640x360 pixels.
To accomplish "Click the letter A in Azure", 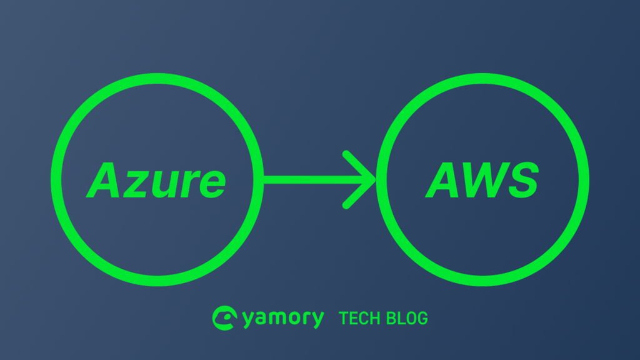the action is pos(102,180).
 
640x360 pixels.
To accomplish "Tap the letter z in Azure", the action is pos(136,184).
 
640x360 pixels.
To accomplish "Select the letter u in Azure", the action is pos(165,185).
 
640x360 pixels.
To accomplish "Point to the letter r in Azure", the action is pos(190,184).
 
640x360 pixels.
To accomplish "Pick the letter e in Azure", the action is pos(212,184).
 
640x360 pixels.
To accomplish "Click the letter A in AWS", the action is pos(442,180).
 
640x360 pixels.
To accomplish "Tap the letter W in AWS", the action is pos(486,180).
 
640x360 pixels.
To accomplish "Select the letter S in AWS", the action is pos(524,180).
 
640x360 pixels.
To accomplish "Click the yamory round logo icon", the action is pos(224,318).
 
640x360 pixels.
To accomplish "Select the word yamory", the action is pos(283,318).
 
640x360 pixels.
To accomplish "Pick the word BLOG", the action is pos(407,318).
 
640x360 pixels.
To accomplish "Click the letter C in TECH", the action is pos(363,318).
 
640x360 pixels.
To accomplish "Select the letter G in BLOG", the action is pos(422,318).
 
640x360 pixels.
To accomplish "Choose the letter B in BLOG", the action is pos(391,318).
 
